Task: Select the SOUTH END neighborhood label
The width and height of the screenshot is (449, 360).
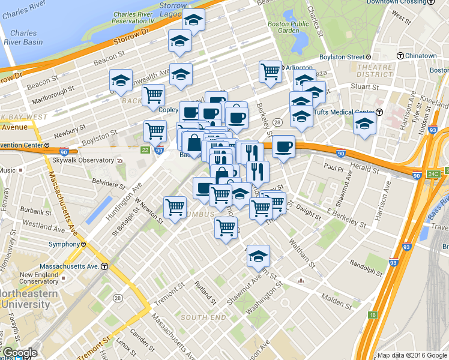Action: tap(202, 317)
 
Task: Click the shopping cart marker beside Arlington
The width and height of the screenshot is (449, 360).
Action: tap(270, 71)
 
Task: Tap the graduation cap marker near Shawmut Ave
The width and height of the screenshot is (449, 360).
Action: tap(258, 256)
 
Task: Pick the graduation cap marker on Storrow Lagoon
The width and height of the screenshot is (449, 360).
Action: tap(193, 20)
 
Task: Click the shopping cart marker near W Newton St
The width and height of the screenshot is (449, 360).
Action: tap(175, 208)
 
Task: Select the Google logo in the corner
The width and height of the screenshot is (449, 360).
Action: tap(19, 353)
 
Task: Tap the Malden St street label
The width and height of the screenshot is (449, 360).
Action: tap(336, 297)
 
